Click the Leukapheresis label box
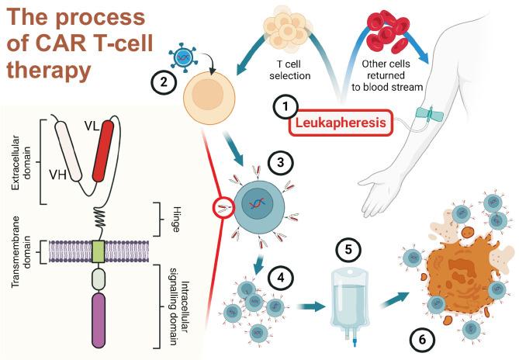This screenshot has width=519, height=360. pos(338,123)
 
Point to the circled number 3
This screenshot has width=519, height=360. pos(278,163)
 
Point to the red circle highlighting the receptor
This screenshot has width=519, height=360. pos(224,206)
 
